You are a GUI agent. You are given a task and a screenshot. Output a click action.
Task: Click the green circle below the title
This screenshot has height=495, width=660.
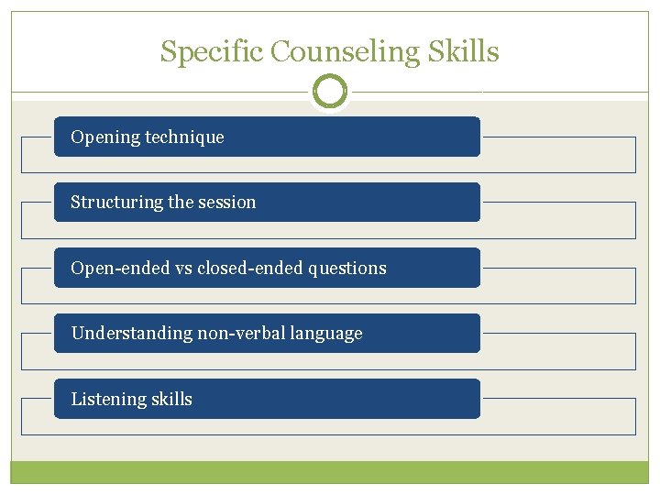click(330, 92)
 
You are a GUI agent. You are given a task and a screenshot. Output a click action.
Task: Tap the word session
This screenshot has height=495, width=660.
click(227, 203)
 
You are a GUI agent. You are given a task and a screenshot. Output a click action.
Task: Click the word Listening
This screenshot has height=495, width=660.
click(104, 400)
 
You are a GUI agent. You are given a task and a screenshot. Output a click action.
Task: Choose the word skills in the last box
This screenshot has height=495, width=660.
click(168, 400)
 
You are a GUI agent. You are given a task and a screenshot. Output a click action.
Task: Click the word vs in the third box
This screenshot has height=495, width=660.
click(174, 269)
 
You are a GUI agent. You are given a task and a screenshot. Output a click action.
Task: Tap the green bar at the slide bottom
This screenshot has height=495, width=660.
click(330, 472)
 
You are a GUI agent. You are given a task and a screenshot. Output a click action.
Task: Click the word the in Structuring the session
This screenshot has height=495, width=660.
click(181, 203)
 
